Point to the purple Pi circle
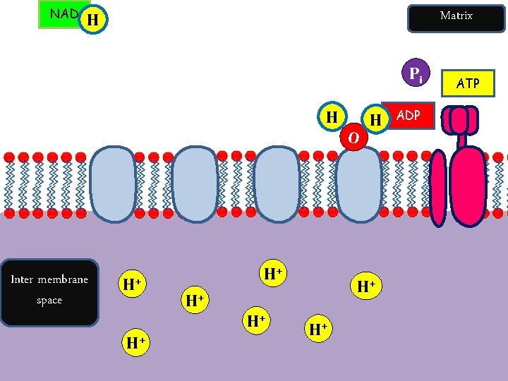tap(416, 73)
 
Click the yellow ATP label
tap(468, 83)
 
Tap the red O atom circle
tap(353, 136)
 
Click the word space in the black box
tap(49, 301)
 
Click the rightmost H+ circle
tap(365, 286)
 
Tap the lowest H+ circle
tap(136, 344)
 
